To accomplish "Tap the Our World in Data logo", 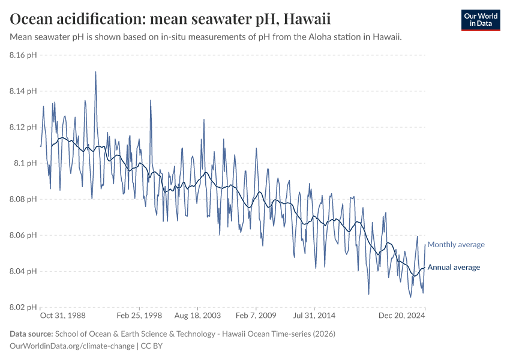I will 480,20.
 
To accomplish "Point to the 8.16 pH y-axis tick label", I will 23,55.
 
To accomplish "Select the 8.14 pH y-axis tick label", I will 23,91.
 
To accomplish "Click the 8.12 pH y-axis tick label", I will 23,127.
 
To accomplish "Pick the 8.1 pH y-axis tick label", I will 25,163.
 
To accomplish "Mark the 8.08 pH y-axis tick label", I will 23,199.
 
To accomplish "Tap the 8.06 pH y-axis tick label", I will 23,235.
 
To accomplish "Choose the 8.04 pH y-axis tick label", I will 23,271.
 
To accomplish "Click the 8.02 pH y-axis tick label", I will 23,307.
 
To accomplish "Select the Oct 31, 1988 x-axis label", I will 62,315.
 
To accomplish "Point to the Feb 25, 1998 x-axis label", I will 139,315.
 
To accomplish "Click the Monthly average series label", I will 455,244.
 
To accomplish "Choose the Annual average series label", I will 454,267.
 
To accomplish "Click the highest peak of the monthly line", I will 95,72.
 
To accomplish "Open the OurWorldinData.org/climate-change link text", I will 73,346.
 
